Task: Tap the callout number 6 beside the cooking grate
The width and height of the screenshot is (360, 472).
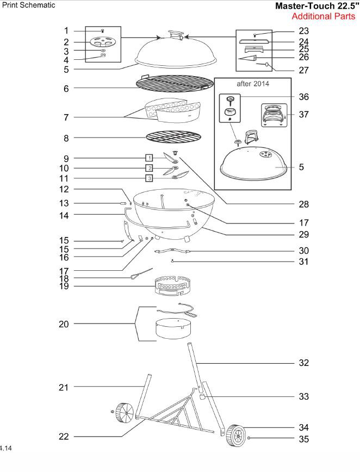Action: point(66,89)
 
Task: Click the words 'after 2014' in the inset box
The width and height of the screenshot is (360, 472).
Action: point(257,85)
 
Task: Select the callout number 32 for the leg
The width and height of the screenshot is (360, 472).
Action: point(303,363)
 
